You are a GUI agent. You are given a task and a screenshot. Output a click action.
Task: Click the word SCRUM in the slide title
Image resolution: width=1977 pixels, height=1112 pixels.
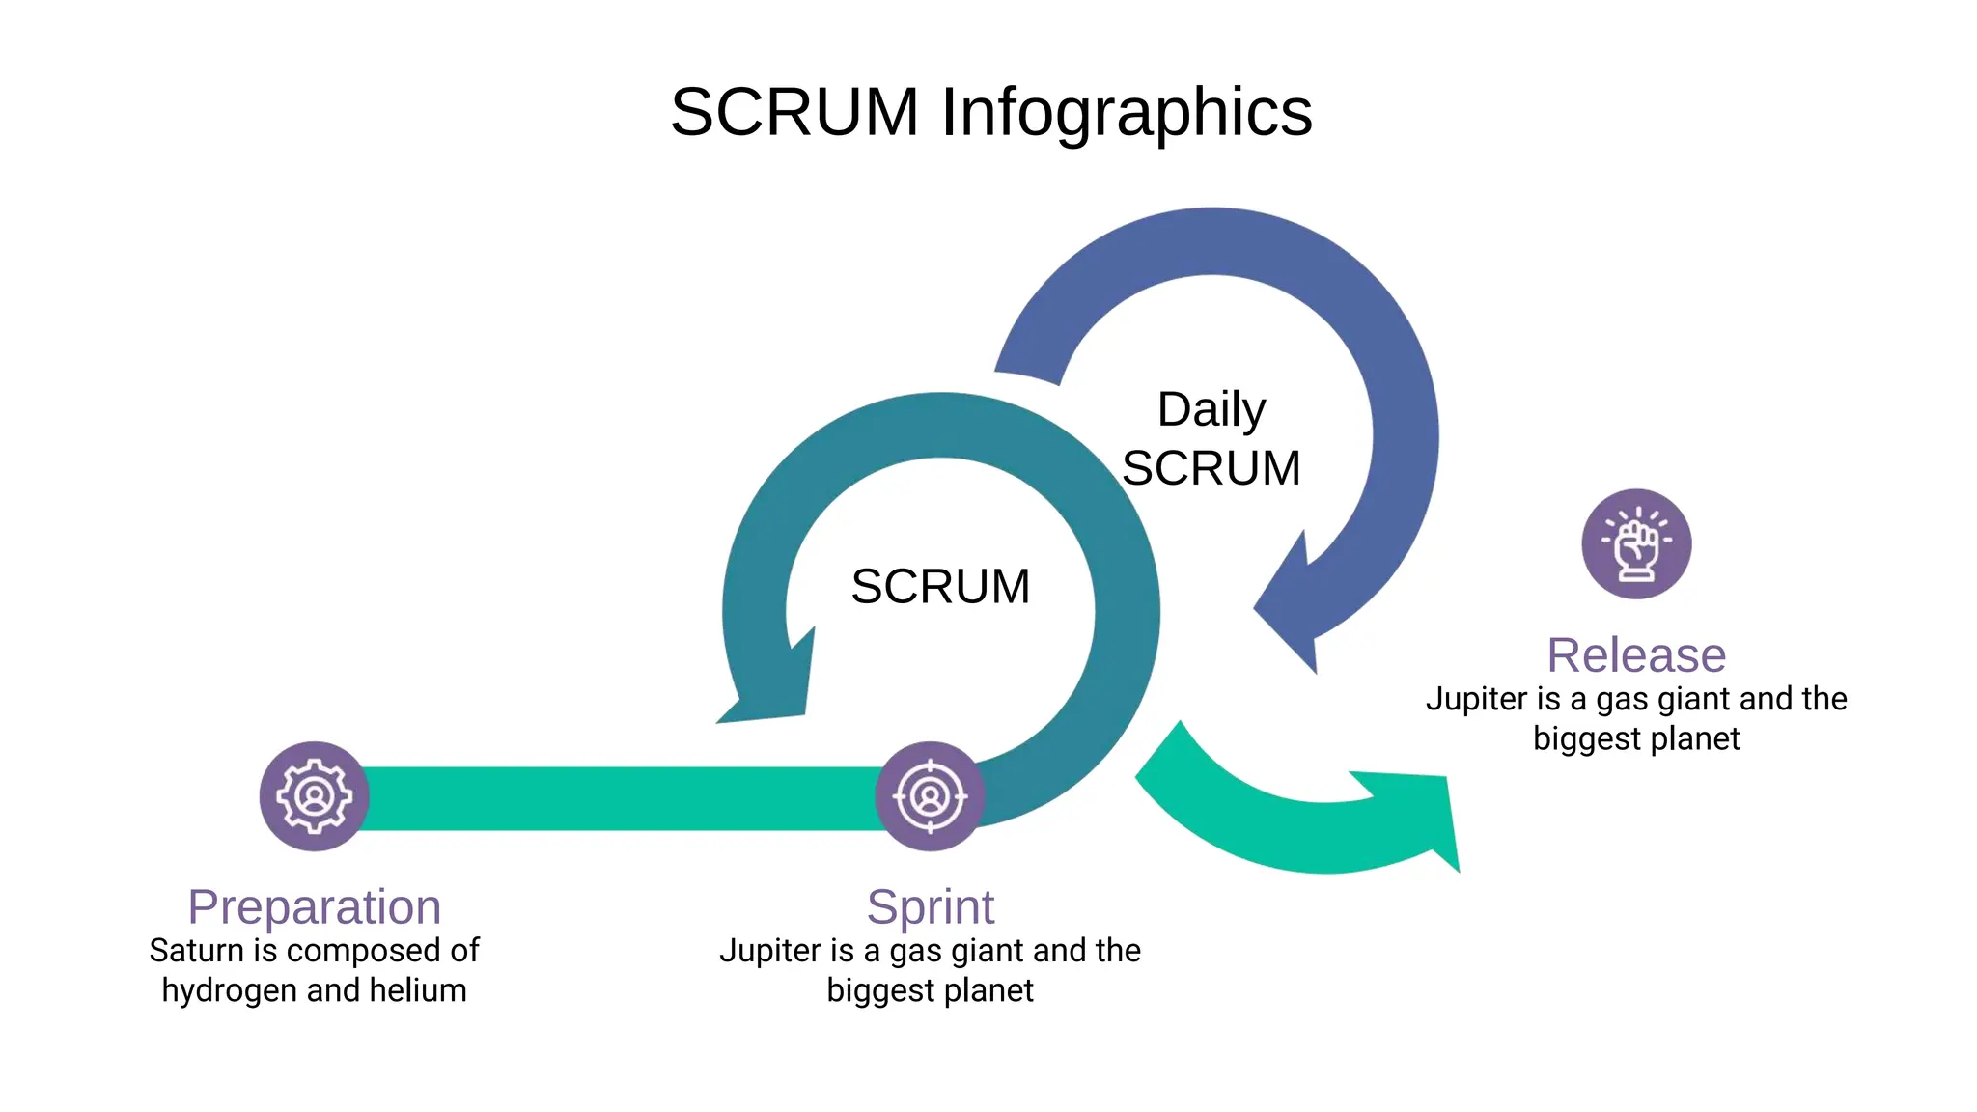(x=794, y=113)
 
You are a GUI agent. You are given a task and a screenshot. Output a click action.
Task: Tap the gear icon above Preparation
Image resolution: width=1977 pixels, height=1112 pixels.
(x=314, y=796)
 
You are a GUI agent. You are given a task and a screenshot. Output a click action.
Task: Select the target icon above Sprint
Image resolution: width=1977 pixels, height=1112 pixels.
(x=930, y=796)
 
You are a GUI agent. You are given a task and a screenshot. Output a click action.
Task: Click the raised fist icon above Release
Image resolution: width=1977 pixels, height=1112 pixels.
(x=1636, y=544)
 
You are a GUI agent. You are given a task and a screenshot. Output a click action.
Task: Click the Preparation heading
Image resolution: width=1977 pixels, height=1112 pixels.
(x=314, y=906)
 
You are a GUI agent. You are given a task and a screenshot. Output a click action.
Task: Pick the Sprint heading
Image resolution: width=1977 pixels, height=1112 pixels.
(x=930, y=906)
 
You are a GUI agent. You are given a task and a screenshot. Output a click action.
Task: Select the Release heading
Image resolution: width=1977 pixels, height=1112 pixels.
(x=1636, y=655)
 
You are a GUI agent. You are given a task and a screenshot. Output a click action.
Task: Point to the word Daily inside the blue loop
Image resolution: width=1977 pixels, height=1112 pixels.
(x=1211, y=409)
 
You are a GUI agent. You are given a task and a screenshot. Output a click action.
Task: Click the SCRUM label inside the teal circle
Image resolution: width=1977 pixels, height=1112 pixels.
(x=940, y=586)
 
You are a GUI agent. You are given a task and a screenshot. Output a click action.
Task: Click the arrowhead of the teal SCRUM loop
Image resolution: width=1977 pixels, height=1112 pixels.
(x=772, y=690)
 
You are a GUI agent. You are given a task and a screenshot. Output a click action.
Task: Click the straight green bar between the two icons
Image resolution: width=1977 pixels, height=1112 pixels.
(x=618, y=798)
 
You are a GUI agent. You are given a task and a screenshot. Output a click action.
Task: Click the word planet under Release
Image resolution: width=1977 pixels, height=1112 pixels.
(x=1692, y=739)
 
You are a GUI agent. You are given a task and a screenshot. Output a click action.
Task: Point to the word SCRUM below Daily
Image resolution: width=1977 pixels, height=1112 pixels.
(x=1211, y=468)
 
